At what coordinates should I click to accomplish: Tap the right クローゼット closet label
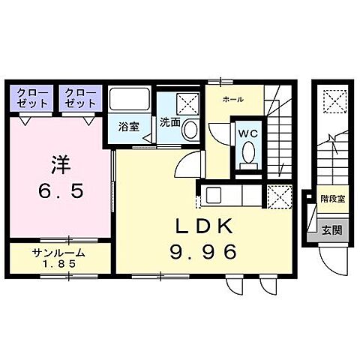pyautogui.click(x=79, y=97)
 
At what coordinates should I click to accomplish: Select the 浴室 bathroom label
pyautogui.click(x=129, y=127)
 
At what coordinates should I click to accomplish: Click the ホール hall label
pyautogui.click(x=232, y=99)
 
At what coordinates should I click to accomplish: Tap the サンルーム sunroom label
pyautogui.click(x=58, y=253)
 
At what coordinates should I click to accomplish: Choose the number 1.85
pyautogui.click(x=58, y=265)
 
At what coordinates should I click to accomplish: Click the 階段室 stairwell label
pyautogui.click(x=332, y=200)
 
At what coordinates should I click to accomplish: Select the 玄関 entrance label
pyautogui.click(x=332, y=231)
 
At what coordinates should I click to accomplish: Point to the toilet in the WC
pyautogui.click(x=247, y=155)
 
